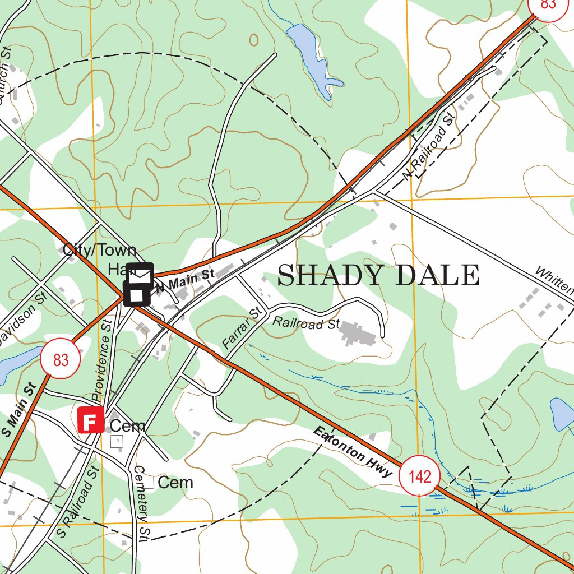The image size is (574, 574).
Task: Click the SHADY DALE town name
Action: click(378, 275)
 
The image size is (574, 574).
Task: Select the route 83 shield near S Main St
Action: click(61, 359)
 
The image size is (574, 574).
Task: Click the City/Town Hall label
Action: click(100, 257)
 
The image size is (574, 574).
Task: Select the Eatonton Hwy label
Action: click(353, 452)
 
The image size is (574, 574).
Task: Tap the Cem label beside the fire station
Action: click(128, 426)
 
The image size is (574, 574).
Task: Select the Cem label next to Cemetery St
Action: click(175, 483)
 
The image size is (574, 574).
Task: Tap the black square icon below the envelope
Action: click(137, 294)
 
